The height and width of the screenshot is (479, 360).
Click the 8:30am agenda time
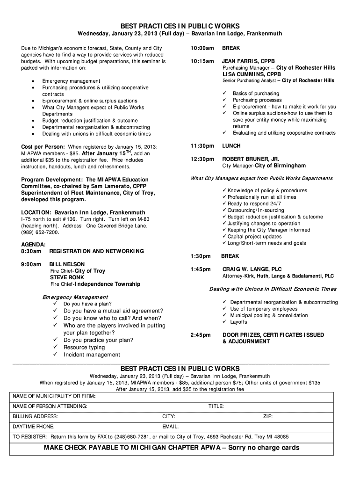[x=31, y=251]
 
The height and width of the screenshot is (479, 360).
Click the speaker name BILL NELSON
[x=67, y=264]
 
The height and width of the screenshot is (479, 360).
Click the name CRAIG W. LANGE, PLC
[x=252, y=269]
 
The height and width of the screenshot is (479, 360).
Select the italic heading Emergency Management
[x=75, y=297]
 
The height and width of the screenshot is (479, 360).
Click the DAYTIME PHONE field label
[x=34, y=427]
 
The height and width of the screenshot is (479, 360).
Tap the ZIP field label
[x=268, y=416]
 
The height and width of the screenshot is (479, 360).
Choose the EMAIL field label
[x=171, y=427]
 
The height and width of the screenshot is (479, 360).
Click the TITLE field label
[x=216, y=406]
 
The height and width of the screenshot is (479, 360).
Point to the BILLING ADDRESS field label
[x=36, y=416]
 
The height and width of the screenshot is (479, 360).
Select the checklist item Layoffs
[x=238, y=322]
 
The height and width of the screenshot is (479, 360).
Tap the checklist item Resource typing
[x=84, y=347]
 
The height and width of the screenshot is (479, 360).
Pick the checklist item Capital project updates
[x=254, y=236]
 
